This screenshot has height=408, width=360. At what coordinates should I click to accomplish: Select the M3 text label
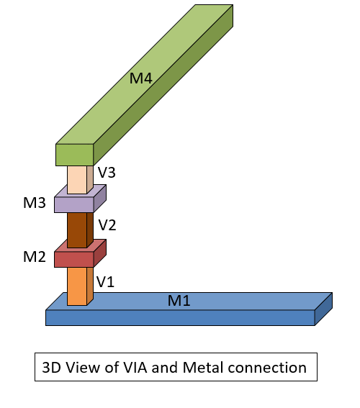coord(35,204)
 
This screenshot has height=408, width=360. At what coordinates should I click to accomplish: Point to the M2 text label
coord(35,258)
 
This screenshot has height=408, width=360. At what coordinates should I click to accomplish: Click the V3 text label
coord(107,173)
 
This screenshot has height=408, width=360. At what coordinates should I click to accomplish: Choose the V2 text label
coord(107,225)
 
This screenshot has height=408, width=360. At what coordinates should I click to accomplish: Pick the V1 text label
coord(106,281)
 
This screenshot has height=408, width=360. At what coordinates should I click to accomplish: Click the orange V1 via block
coord(76,286)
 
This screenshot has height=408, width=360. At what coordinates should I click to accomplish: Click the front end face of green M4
coord(74,155)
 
